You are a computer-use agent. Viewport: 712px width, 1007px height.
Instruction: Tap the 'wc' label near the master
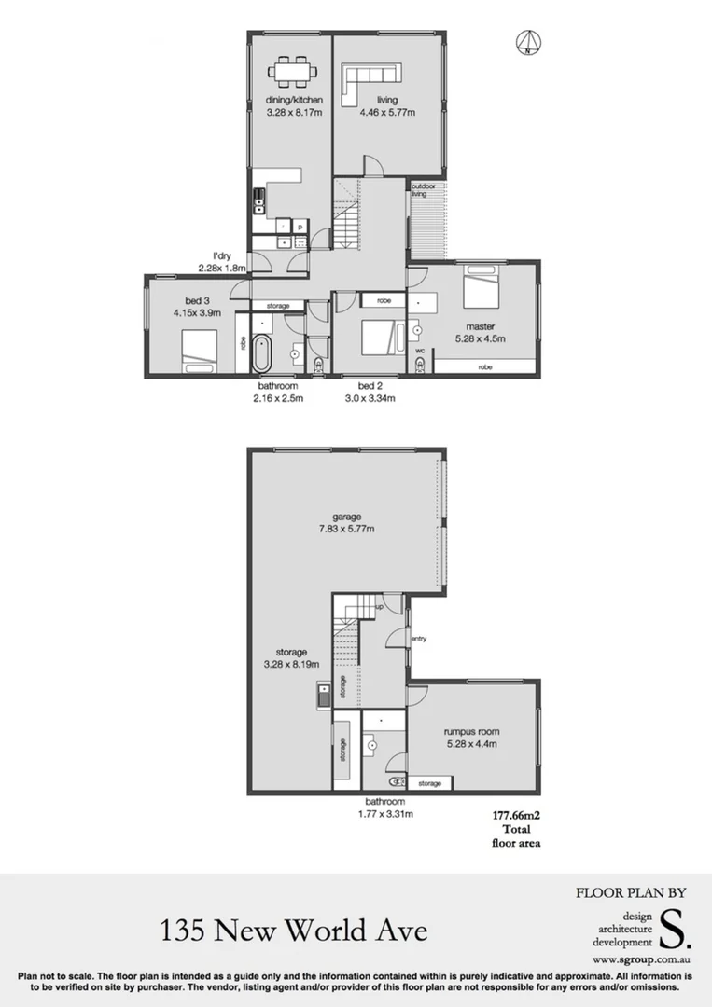[420, 351]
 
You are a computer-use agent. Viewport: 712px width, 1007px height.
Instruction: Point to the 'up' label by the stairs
[378, 607]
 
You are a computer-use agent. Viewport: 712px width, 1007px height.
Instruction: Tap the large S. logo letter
[671, 926]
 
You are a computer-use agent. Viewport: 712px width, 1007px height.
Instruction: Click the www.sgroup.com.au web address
[640, 959]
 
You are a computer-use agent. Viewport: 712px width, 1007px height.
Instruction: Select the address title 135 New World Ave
[293, 930]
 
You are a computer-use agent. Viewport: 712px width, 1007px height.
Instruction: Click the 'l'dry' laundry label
[222, 255]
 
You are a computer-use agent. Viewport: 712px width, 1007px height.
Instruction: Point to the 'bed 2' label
[370, 386]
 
